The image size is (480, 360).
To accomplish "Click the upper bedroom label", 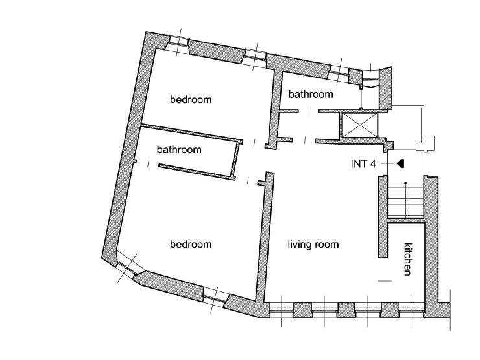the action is pyautogui.click(x=191, y=99).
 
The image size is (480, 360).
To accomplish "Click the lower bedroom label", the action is pyautogui.click(x=191, y=245).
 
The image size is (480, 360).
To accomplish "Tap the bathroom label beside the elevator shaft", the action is pyautogui.click(x=311, y=94).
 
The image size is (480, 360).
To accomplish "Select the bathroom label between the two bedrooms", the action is pyautogui.click(x=179, y=149).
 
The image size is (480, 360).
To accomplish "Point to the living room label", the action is pyautogui.click(x=313, y=245).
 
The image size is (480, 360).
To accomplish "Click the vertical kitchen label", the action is pyautogui.click(x=408, y=259).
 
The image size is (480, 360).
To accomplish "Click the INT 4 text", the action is pyautogui.click(x=363, y=164).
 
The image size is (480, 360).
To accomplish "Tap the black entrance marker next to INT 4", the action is pyautogui.click(x=400, y=163).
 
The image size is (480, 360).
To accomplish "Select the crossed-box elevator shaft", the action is pyautogui.click(x=360, y=125).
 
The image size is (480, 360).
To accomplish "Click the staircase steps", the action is pyautogui.click(x=405, y=200).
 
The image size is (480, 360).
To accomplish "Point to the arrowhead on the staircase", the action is pyautogui.click(x=405, y=183).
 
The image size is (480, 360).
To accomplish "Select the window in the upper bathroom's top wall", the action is pyautogui.click(x=339, y=74).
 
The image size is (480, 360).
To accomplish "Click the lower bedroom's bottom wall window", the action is pyautogui.click(x=215, y=296).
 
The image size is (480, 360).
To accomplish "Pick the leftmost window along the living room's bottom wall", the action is pyautogui.click(x=282, y=310).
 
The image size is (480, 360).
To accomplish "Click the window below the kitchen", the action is pyautogui.click(x=411, y=310).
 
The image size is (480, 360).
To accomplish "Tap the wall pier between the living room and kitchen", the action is pyautogui.click(x=383, y=217).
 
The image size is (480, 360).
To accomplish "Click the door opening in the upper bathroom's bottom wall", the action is pyautogui.click(x=309, y=110).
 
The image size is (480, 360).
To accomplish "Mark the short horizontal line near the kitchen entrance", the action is pyautogui.click(x=385, y=281).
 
